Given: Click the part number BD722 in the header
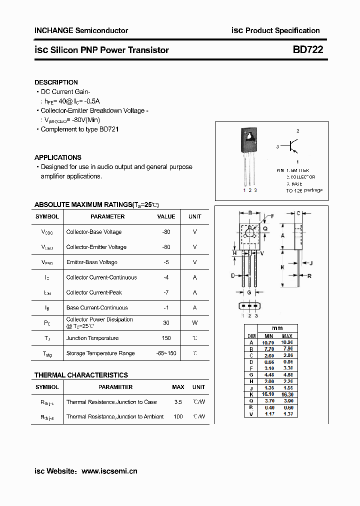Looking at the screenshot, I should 307,50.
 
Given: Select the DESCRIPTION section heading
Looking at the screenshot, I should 56,82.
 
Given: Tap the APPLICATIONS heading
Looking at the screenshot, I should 57,157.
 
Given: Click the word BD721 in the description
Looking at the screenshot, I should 109,129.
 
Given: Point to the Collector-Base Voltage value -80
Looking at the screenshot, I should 166,232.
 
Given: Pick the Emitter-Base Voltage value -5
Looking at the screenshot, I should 166,262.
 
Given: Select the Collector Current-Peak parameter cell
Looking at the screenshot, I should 94,292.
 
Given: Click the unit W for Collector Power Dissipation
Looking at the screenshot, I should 194,323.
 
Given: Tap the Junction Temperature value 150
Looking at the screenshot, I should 166,338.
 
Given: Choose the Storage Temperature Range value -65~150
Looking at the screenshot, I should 166,353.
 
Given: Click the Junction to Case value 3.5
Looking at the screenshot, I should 178,402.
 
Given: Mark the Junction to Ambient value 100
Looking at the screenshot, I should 178,416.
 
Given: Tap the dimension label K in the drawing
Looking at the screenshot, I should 282,267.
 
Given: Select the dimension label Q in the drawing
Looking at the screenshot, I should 265,228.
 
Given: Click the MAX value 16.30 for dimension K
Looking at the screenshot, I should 287,394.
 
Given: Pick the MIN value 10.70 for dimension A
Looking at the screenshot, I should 268,342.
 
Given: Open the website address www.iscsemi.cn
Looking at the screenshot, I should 109,471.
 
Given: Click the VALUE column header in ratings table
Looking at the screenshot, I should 166,216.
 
